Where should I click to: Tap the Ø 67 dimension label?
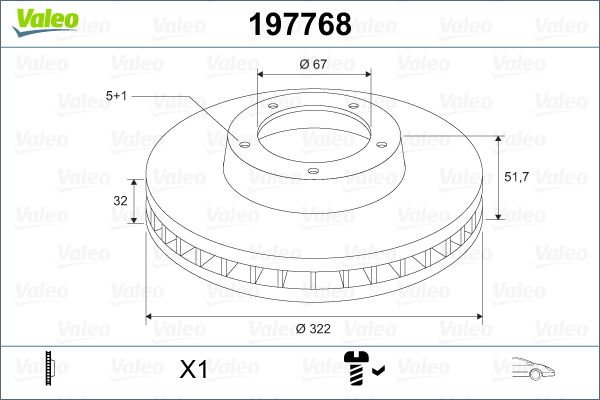click(314, 65)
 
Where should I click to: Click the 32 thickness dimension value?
click(120, 200)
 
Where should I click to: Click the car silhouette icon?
click(533, 370)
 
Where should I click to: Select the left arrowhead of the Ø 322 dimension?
click(152, 317)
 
